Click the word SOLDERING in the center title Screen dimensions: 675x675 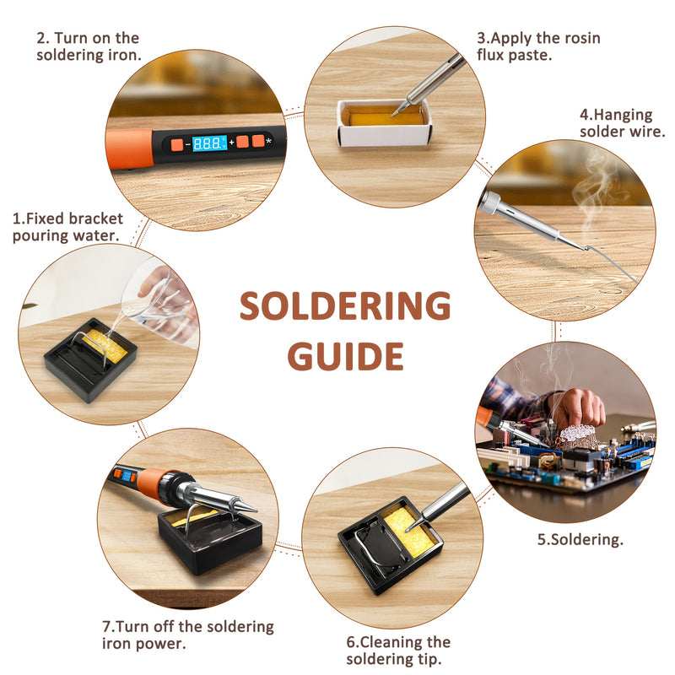(x=344, y=306)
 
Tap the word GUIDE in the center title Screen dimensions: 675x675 (x=344, y=356)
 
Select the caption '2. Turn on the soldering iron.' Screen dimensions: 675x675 (x=88, y=46)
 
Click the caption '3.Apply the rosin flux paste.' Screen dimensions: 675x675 (x=538, y=47)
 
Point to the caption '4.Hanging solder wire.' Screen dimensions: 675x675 (x=622, y=122)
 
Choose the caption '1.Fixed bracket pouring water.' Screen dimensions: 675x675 (x=67, y=227)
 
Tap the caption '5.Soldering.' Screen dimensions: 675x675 (x=580, y=539)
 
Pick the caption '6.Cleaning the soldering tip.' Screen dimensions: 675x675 (x=398, y=651)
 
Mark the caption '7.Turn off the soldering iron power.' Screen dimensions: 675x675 (x=187, y=634)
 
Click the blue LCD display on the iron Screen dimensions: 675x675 (x=209, y=143)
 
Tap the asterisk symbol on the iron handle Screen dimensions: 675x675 (x=268, y=141)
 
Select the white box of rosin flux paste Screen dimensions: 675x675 (x=384, y=122)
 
